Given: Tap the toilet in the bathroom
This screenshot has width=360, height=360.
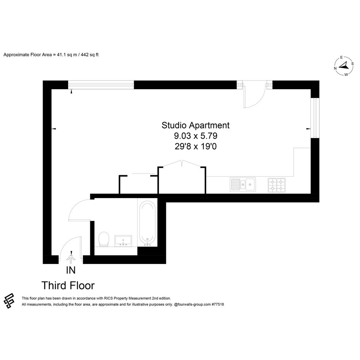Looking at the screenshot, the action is tap(104, 239).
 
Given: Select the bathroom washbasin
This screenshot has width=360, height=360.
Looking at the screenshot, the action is tap(123, 241).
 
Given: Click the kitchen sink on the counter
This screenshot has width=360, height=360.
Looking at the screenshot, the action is tap(243, 185).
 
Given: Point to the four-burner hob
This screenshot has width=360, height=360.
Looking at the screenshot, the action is tap(277, 185).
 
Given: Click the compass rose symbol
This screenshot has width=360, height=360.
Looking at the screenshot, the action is tap(344, 66).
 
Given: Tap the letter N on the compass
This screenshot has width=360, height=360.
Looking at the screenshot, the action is tap(335, 68).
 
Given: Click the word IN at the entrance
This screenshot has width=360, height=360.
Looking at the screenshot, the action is tap(71, 270).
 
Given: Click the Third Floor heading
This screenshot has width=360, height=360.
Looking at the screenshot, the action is tap(68, 286).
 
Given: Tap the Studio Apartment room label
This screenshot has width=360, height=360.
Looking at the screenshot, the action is tap(195, 125).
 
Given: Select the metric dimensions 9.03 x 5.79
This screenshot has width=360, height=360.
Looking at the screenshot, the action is tap(195, 136).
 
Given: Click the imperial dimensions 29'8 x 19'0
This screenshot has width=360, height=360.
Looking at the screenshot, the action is tap(195, 147).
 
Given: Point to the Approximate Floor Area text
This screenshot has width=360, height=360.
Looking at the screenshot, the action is tap(51, 55).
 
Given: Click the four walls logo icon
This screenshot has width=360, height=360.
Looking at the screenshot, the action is tap(9, 301).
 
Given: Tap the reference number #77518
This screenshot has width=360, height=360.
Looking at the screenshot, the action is tap(218, 304).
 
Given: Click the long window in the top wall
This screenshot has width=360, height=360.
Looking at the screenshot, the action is tap(101, 85).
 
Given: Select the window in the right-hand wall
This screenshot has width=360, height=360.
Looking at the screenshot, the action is tap(315, 118).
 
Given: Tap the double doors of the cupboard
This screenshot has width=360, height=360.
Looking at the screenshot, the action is tap(182, 163).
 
